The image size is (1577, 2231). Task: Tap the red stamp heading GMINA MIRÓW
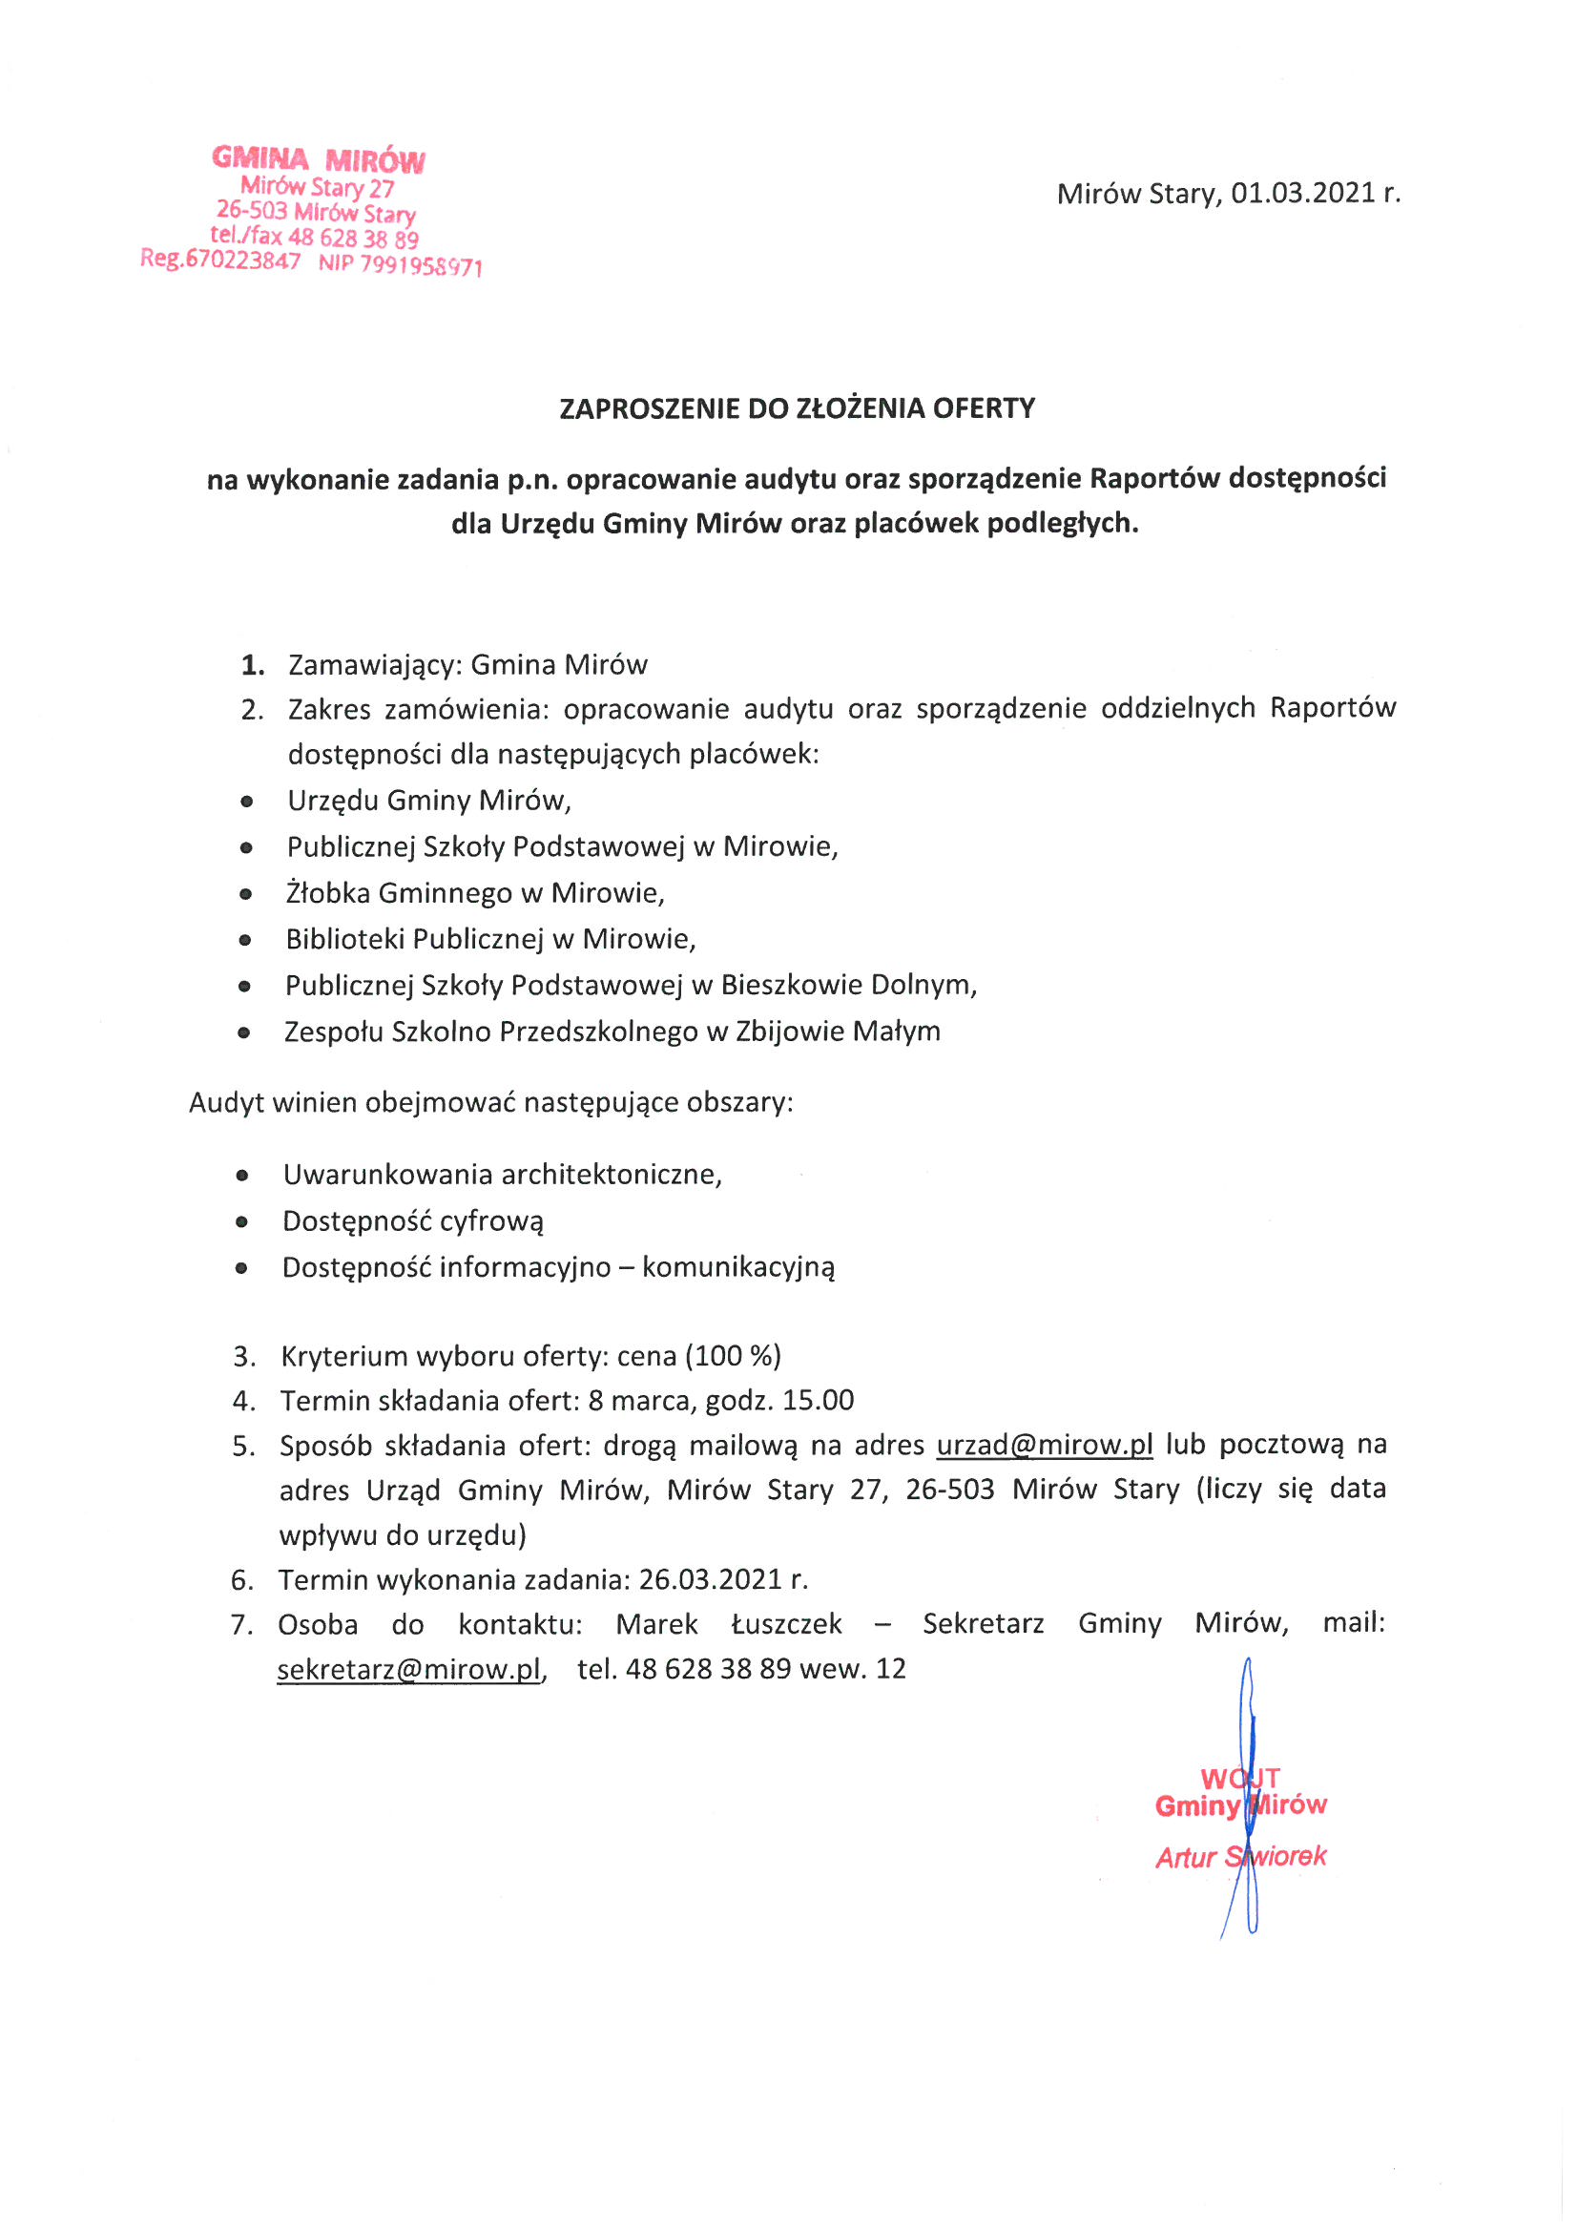pos(319,159)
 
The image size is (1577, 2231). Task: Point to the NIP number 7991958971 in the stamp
pos(421,265)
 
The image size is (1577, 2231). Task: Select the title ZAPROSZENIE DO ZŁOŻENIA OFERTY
pos(797,408)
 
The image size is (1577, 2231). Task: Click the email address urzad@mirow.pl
pos(1045,1445)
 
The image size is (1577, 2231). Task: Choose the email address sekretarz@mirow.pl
pos(409,1669)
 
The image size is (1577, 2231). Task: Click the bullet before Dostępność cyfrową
pos(242,1222)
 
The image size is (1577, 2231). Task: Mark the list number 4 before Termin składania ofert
pos(243,1401)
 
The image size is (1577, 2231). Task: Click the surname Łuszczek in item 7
pos(786,1625)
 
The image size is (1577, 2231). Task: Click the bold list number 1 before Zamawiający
pos(253,666)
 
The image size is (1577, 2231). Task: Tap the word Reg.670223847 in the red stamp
pos(220,260)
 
